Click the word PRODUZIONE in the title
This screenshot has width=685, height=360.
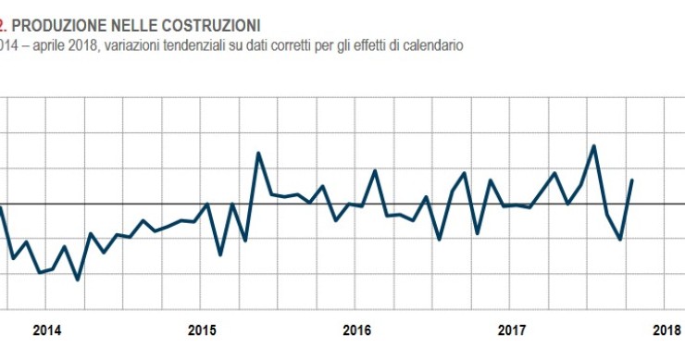click(x=54, y=21)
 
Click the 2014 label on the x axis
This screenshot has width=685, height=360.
click(x=47, y=329)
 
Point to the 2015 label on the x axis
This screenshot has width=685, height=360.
click(x=202, y=329)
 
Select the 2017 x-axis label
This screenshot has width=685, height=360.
click(x=512, y=329)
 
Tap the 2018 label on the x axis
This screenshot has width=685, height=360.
click(x=666, y=329)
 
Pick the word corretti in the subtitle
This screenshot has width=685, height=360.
click(x=292, y=43)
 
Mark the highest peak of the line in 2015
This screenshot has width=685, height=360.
click(x=257, y=153)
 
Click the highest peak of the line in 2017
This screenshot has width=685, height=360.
click(x=593, y=145)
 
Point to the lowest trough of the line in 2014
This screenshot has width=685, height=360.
click(x=77, y=279)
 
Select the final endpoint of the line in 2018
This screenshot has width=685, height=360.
click(x=632, y=180)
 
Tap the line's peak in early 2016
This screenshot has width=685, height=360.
click(x=375, y=170)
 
